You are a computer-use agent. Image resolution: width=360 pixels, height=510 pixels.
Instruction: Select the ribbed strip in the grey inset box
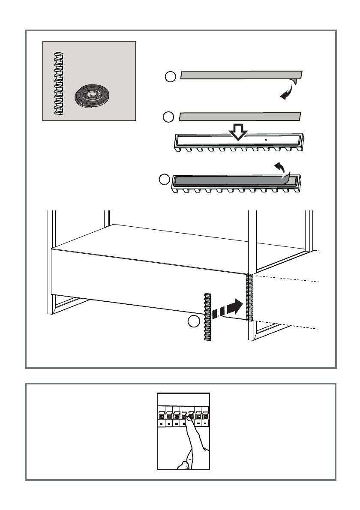[58, 84]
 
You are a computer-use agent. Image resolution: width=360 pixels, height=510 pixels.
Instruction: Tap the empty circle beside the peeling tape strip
[170, 77]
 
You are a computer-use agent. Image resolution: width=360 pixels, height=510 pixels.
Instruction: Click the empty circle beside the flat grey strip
[168, 117]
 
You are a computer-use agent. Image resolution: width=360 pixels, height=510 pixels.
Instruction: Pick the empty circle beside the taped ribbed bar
[164, 180]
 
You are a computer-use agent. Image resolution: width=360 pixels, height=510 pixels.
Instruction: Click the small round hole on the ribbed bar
[266, 140]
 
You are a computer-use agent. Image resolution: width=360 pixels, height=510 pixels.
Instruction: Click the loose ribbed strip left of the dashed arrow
[208, 317]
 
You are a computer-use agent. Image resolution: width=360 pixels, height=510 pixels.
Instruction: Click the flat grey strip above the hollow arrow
[240, 116]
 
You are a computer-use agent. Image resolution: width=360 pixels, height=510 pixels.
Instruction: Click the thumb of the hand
[183, 464]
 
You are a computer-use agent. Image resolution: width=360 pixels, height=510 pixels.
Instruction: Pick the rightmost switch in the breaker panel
[206, 416]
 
